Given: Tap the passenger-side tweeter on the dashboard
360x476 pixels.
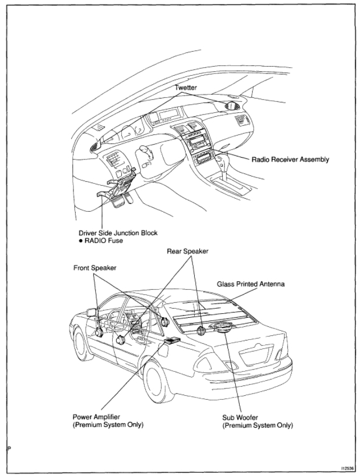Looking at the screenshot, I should pyautogui.click(x=233, y=107).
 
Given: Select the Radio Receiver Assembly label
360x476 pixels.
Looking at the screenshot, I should pyautogui.click(x=291, y=160).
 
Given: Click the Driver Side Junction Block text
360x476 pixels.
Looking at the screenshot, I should pyautogui.click(x=117, y=233).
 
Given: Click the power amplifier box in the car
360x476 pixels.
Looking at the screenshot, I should pyautogui.click(x=171, y=341).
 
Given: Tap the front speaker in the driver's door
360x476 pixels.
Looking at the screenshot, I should pyautogui.click(x=120, y=340).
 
